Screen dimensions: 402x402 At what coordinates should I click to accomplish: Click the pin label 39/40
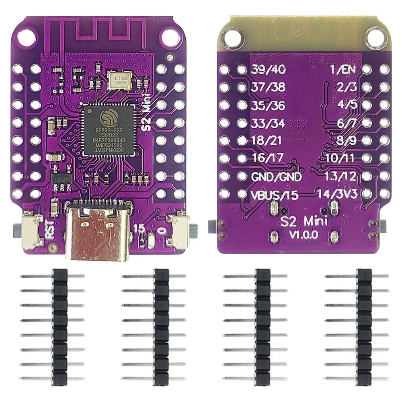[268, 69]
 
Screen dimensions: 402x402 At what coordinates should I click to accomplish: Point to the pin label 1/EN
[342, 69]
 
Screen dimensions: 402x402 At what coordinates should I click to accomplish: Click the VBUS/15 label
[275, 195]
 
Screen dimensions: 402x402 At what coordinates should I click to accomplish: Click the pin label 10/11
[340, 158]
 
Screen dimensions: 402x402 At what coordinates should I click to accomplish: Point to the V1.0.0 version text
[304, 234]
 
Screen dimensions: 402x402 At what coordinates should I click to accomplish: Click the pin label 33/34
[268, 123]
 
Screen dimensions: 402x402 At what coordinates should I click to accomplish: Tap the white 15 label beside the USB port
[139, 228]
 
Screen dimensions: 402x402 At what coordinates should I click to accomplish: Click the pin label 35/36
[268, 105]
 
